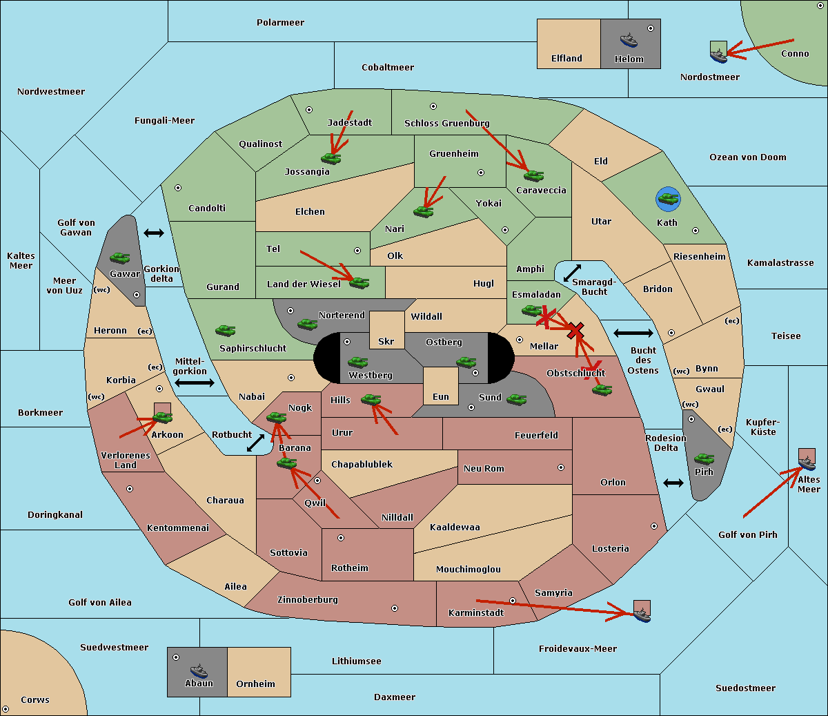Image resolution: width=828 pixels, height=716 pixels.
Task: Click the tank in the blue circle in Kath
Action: coord(668,198)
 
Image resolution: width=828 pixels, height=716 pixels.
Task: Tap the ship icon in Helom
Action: coord(629,40)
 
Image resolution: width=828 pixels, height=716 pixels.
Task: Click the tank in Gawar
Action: coord(119,258)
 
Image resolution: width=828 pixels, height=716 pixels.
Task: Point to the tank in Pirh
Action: coord(704,459)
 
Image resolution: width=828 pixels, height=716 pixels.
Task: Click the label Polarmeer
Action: coord(280,23)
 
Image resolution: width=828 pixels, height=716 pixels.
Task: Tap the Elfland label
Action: coord(566,58)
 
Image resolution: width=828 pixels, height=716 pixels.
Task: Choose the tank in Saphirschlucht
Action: coord(225,330)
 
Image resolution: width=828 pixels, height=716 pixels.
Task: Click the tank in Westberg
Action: coord(357,362)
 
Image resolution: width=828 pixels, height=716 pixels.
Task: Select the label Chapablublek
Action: coord(362,464)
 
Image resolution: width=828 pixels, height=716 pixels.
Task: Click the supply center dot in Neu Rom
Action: coord(561,467)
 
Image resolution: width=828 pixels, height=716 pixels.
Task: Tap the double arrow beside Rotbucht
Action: coord(255,443)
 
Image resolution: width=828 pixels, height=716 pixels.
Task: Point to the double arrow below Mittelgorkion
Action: coord(195,383)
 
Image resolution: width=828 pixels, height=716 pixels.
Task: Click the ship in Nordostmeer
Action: coord(719,56)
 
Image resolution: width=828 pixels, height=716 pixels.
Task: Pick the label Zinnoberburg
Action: coord(308,599)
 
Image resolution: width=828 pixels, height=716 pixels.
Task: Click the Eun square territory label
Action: coord(441,396)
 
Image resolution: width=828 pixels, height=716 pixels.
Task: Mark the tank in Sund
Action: coord(516,399)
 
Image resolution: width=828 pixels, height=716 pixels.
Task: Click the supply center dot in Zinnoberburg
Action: coord(395,608)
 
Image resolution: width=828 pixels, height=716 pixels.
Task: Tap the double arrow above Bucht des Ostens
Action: coord(633,333)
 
